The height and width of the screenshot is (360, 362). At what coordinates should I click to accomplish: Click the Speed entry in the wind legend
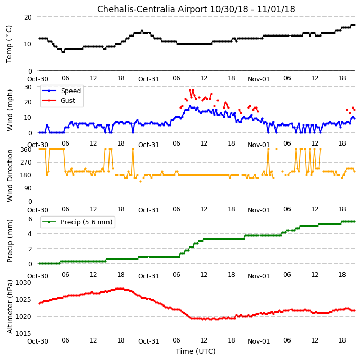61,91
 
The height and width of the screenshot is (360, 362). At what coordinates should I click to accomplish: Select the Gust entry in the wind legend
59,100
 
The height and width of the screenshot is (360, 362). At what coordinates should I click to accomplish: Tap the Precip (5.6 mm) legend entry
77,222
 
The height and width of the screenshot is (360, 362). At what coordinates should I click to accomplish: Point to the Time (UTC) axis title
196,351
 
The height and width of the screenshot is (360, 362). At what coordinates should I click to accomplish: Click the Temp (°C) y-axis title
9,44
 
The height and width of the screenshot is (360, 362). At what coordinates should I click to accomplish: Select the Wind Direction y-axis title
10,176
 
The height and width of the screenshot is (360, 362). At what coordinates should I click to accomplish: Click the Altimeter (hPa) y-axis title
10,307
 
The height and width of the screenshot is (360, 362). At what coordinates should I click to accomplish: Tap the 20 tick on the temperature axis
28,17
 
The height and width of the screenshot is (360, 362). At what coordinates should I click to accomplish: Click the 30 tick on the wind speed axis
28,87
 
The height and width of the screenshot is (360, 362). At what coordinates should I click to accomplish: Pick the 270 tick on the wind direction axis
26,163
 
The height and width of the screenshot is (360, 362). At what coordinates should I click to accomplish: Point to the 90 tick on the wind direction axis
28,188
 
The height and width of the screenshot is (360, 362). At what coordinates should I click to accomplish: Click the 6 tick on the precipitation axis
30,219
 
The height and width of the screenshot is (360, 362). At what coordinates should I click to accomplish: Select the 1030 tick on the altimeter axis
23,283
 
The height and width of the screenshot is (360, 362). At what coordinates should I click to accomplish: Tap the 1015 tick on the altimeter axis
23,333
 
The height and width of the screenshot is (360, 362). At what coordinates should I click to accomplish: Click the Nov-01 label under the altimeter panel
259,341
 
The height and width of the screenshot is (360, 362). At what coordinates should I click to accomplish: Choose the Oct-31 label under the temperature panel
149,79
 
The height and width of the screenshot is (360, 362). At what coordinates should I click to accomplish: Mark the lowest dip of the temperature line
63,52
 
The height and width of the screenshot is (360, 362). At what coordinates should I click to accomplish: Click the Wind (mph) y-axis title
10,111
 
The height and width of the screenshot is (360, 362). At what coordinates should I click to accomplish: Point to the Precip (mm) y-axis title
10,241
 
